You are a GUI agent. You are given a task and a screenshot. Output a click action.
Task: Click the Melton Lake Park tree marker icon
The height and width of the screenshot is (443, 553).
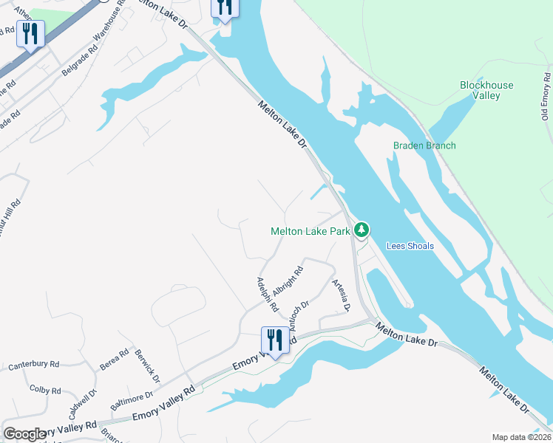coord(361,230)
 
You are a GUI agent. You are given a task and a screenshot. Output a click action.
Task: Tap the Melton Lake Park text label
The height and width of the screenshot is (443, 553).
coord(311,231)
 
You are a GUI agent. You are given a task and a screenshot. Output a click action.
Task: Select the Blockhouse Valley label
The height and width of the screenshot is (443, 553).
coord(486,90)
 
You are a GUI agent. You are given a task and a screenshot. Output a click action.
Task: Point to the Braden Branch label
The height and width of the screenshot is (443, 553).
coord(424,145)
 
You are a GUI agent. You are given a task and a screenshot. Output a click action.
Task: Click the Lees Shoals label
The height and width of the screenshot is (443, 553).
coord(410,246)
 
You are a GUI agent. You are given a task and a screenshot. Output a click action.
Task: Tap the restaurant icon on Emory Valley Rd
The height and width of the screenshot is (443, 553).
coord(274,341)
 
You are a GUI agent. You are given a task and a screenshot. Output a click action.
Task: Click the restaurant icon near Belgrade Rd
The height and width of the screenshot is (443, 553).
coord(30,34)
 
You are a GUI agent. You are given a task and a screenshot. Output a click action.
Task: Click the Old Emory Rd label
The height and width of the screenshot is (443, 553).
coord(546,96)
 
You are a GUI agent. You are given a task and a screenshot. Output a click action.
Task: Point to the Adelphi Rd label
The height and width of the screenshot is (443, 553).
coord(266,294)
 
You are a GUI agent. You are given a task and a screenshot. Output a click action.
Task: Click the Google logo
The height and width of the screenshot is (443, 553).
coord(25,434)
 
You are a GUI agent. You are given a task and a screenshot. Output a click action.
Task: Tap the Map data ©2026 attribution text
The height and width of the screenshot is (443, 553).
coord(521,437)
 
